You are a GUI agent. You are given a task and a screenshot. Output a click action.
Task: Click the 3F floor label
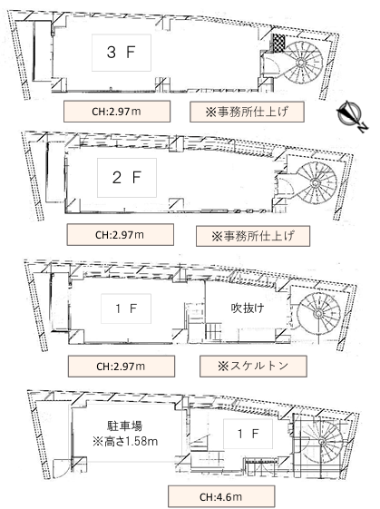pos(122,54)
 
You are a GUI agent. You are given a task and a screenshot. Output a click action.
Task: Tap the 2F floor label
pos(122,178)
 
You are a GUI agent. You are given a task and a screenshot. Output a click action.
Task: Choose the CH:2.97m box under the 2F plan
pos(120,234)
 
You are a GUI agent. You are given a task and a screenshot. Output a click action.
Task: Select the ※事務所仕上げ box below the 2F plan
pos(253,235)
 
